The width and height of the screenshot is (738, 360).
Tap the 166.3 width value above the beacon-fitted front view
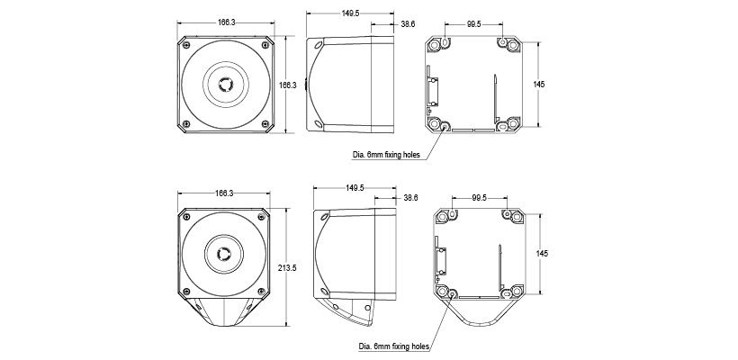tap(224, 193)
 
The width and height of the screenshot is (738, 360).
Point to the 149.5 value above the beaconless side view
tap(351, 13)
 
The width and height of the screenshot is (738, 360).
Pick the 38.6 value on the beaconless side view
tap(408, 24)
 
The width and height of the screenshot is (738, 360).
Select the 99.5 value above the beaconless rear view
tap(474, 24)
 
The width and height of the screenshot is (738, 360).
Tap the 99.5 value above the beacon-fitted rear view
tap(479, 198)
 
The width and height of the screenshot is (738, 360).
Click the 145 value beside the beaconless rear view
tap(539, 85)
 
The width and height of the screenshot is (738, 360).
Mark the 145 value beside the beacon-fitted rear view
tap(542, 253)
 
